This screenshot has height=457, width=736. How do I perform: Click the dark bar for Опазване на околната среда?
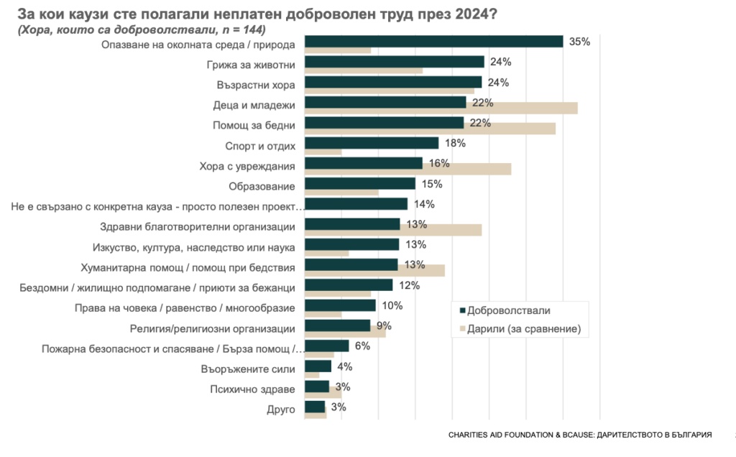(434, 42)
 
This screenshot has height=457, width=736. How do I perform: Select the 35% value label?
(579, 42)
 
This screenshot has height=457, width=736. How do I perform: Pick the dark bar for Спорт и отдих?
(372, 143)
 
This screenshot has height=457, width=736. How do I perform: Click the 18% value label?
(455, 143)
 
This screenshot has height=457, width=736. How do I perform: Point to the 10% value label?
(392, 305)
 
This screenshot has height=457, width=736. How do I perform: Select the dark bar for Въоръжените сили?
(318, 366)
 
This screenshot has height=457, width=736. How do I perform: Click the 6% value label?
(362, 346)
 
